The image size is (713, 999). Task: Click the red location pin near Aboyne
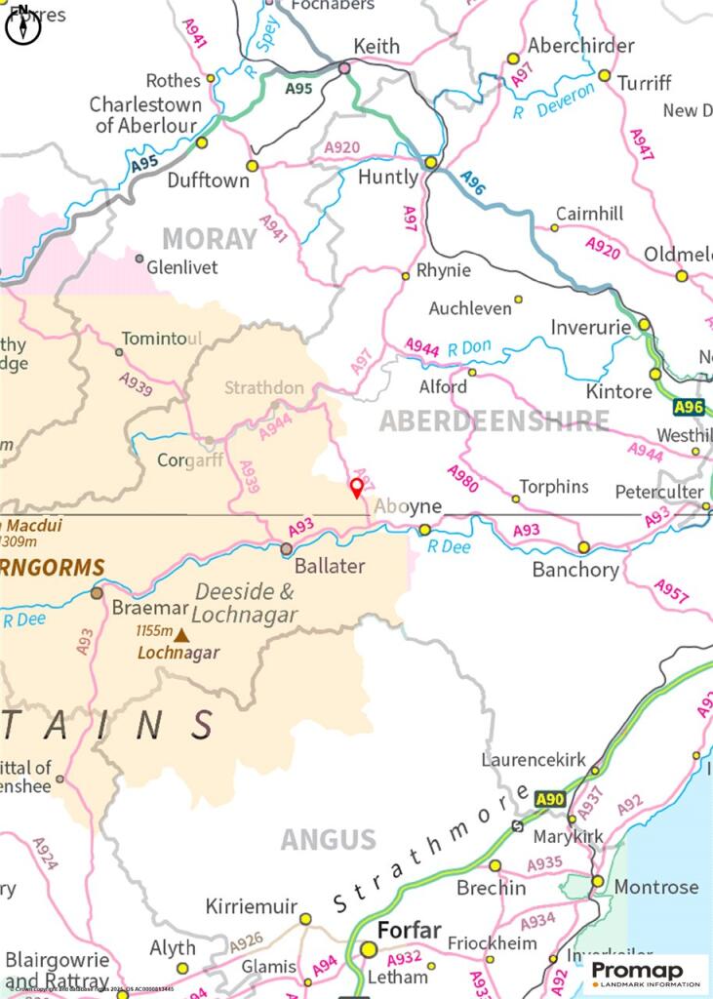[357, 487]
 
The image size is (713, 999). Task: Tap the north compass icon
[22, 28]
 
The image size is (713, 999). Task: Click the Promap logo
[646, 972]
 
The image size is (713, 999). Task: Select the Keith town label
[376, 46]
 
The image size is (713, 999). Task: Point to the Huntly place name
[388, 179]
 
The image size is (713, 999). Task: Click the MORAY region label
[209, 239]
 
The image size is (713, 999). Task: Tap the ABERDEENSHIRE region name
[494, 420]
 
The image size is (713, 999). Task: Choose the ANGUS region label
[328, 839]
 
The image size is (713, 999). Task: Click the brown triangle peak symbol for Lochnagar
[181, 635]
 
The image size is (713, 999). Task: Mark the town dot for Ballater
[286, 550]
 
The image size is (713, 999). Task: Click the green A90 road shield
[550, 800]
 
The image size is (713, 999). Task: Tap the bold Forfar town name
[410, 930]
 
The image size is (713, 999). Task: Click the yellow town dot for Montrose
[598, 881]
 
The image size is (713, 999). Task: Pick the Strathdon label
[264, 387]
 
